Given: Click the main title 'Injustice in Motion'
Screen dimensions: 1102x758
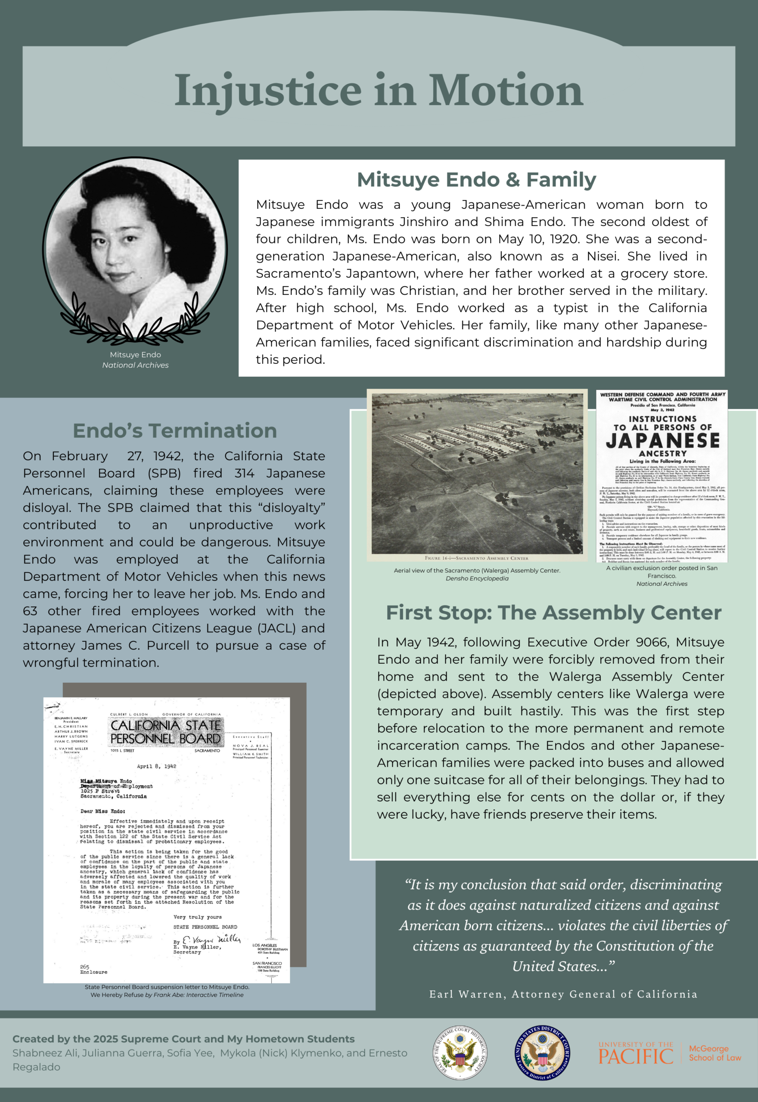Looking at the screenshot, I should pyautogui.click(x=379, y=90).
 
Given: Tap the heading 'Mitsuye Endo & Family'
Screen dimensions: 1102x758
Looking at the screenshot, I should pyautogui.click(x=476, y=180).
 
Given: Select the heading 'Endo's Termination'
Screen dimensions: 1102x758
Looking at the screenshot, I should pyautogui.click(x=175, y=431).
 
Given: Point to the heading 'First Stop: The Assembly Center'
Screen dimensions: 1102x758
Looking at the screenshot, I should pyautogui.click(x=553, y=613).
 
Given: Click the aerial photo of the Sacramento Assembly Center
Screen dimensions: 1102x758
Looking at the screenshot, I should pyautogui.click(x=477, y=474).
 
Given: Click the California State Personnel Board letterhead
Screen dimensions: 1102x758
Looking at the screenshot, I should pyautogui.click(x=166, y=732).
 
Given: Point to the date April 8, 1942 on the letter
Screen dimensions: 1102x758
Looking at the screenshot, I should pyautogui.click(x=156, y=766).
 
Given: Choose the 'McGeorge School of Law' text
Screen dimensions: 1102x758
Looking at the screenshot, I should pyautogui.click(x=715, y=1053).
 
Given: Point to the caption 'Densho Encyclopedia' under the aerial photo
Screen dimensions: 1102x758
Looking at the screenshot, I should pyautogui.click(x=477, y=579).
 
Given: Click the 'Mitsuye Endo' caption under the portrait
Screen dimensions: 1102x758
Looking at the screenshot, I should pyautogui.click(x=135, y=355).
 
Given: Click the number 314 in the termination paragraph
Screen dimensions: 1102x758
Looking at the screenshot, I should pyautogui.click(x=244, y=473).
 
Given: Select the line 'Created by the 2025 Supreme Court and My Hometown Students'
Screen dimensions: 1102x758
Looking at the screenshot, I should pyautogui.click(x=183, y=1039).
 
